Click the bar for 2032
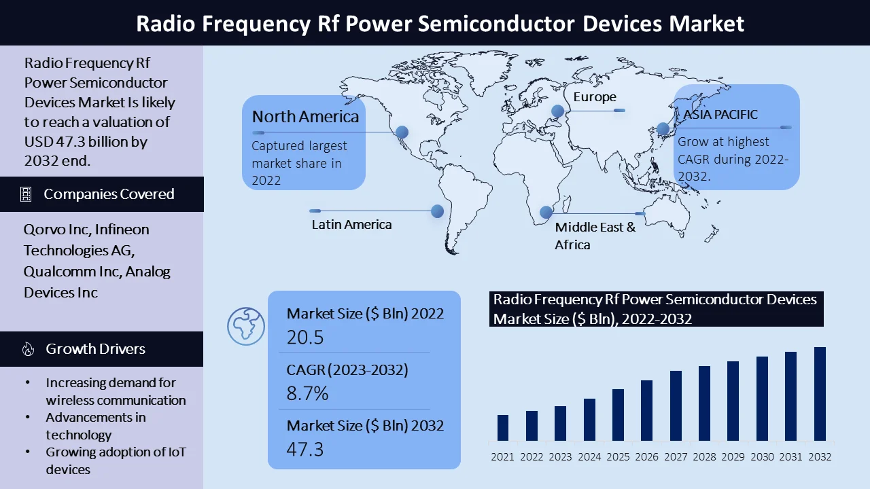tap(820, 394)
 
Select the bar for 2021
tap(503, 428)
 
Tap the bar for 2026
tap(646, 411)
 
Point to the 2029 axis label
tap(733, 457)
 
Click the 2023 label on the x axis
tap(560, 457)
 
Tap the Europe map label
tap(595, 97)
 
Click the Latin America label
tap(351, 224)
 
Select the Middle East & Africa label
tap(595, 236)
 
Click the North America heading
tap(306, 117)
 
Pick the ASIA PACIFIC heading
tap(720, 115)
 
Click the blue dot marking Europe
tap(558, 111)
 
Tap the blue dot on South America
tap(437, 211)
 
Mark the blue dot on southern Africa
tap(546, 212)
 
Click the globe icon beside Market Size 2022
tap(246, 327)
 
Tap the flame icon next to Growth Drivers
tap(28, 349)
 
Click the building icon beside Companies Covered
tap(26, 194)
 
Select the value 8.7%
tap(307, 393)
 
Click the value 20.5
tap(305, 338)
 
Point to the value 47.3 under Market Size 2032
tap(305, 450)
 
